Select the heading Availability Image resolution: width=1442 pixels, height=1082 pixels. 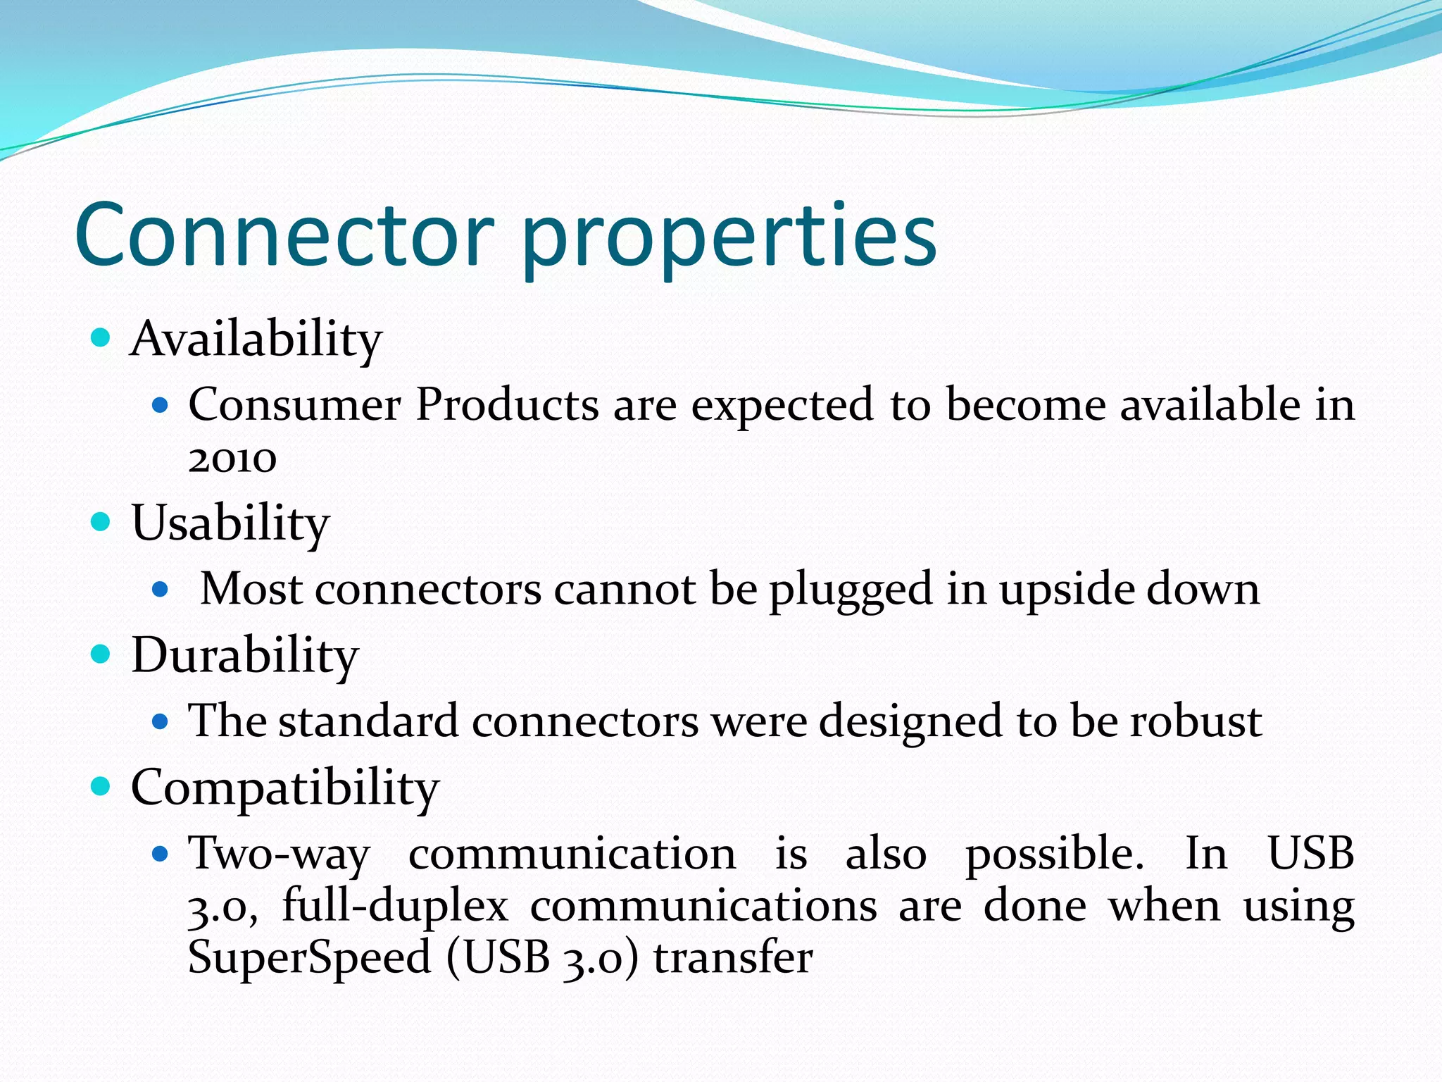pos(256,340)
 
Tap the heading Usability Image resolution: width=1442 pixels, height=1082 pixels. pos(230,523)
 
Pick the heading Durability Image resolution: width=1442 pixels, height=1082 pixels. pos(244,656)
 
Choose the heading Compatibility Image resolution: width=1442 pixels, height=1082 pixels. pos(284,788)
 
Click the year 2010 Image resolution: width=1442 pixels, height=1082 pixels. pos(232,459)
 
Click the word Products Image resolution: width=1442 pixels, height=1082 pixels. pos(506,405)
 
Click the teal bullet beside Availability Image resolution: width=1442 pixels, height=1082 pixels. pos(101,338)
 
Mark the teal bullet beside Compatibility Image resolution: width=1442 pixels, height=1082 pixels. pos(101,785)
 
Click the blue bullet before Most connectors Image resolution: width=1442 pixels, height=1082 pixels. pos(161,589)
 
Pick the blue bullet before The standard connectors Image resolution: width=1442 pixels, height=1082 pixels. pos(161,721)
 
